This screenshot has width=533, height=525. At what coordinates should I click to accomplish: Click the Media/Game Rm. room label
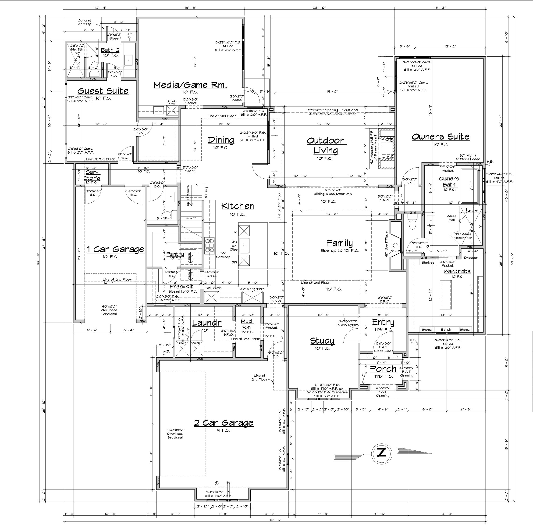[190, 85]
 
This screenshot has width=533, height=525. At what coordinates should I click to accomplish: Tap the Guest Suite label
[103, 91]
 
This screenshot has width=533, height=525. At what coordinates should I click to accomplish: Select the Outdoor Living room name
[326, 146]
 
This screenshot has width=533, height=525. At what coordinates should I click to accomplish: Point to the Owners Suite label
[441, 137]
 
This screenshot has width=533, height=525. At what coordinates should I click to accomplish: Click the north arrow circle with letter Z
[382, 453]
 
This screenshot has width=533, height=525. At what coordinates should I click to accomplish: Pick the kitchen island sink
[244, 245]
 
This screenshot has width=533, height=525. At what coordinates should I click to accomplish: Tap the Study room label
[322, 341]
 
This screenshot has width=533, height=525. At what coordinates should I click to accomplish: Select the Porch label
[383, 369]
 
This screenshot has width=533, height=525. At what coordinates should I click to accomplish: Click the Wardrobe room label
[457, 272]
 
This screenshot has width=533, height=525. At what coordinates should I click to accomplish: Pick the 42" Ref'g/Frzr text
[252, 289]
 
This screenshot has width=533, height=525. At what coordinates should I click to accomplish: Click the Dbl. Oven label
[213, 288]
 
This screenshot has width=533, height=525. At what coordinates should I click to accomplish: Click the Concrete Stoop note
[84, 22]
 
